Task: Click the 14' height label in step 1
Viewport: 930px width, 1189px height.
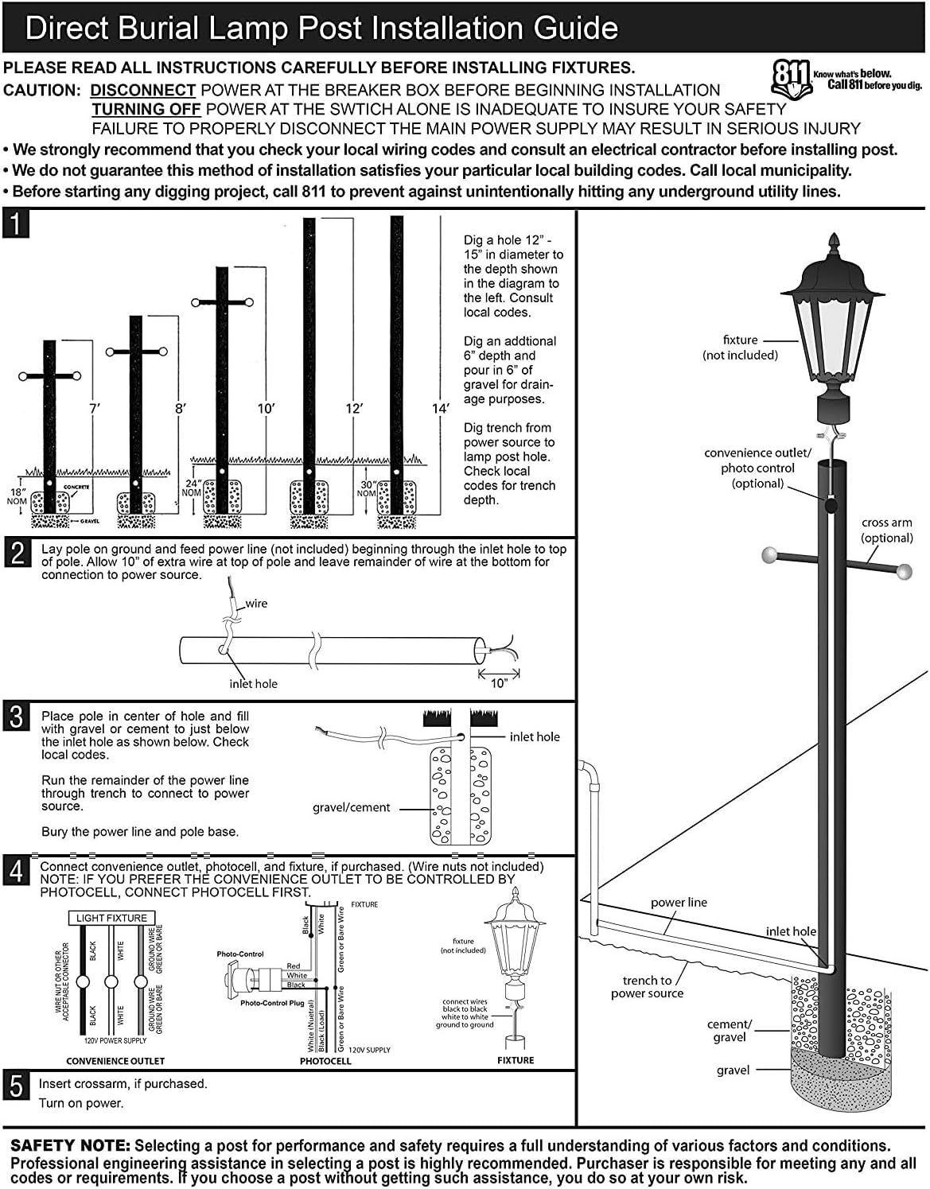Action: coord(440,408)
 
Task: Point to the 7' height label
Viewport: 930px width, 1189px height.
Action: coord(94,408)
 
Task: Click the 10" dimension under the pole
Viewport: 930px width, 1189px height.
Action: coord(499,684)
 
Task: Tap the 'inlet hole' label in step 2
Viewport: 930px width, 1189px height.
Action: coord(253,684)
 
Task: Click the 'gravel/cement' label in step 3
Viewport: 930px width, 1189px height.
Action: coord(351,807)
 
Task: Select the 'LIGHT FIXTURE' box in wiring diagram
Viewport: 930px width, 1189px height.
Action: coord(111,918)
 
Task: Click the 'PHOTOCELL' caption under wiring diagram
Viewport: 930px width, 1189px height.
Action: coord(325,1061)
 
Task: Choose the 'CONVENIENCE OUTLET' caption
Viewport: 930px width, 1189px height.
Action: coord(115,1061)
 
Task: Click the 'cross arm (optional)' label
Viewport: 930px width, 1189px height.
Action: coord(886,530)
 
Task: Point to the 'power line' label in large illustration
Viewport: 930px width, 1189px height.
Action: coord(679,903)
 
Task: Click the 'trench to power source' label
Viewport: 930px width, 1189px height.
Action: coord(647,987)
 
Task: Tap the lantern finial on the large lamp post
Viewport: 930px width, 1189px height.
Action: coord(834,241)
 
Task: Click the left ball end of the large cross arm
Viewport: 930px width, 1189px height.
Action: coord(769,554)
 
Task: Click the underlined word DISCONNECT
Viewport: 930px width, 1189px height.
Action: coord(142,90)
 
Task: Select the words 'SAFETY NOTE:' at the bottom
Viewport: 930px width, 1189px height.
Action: coord(70,1146)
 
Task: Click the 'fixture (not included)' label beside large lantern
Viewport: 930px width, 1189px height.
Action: coord(740,348)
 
